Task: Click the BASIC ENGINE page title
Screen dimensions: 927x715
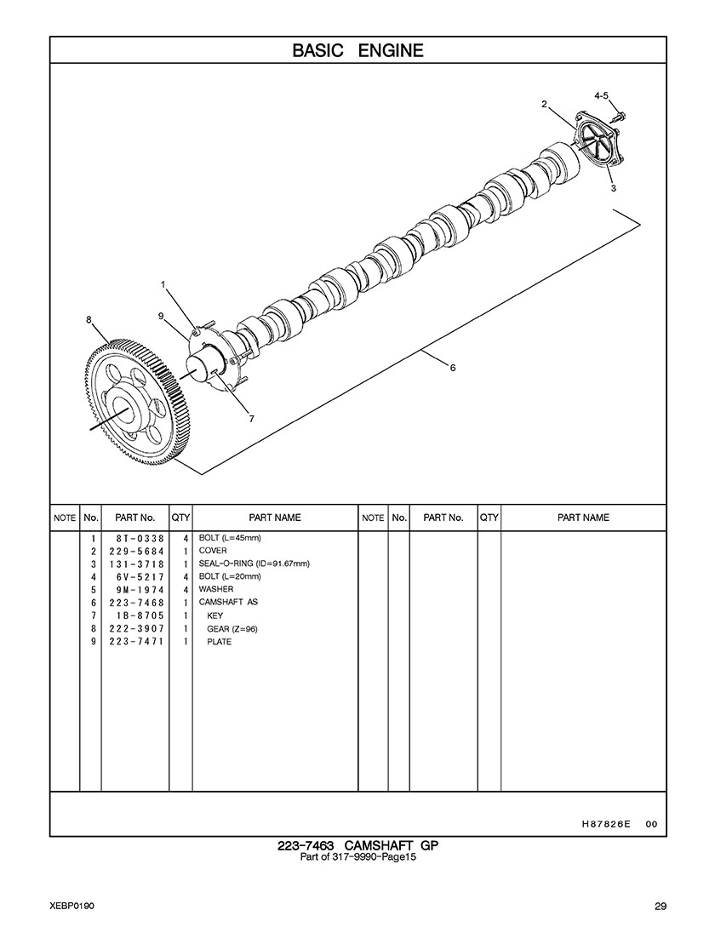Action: [x=357, y=50]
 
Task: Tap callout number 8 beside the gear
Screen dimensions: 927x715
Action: [x=89, y=320]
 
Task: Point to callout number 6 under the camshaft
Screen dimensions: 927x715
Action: [x=453, y=367]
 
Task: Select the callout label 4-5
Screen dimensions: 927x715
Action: [x=601, y=96]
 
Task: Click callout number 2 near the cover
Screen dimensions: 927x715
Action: [x=543, y=105]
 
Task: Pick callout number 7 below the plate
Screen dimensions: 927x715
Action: [x=251, y=418]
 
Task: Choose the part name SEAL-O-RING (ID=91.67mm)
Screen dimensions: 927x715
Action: [x=254, y=564]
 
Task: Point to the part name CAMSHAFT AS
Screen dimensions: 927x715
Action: [x=228, y=602]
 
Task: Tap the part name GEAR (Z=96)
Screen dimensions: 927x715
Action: [x=232, y=629]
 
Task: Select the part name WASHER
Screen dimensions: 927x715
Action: [x=216, y=589]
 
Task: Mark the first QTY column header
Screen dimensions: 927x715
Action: [x=180, y=518]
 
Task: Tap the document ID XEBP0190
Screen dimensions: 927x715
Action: [x=71, y=905]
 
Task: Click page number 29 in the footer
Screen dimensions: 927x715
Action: [x=660, y=905]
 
